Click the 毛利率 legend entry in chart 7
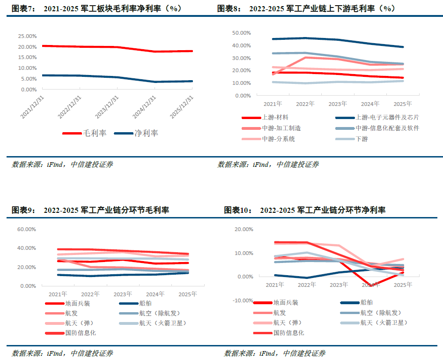point(84,133)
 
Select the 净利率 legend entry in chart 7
point(136,133)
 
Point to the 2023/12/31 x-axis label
point(107,107)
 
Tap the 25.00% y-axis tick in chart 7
point(28,36)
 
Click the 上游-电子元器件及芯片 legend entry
point(377,117)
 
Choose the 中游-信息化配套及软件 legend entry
point(377,128)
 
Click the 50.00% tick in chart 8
point(242,33)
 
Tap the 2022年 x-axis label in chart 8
point(305,104)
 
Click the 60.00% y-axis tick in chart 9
point(27,229)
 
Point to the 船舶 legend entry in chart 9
point(135,303)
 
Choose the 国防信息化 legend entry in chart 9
point(71,333)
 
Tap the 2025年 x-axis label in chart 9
point(188,294)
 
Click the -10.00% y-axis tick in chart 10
point(243,300)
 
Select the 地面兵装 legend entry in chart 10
point(276,303)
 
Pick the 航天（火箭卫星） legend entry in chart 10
point(374,322)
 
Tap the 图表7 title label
point(24,8)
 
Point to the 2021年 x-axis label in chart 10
point(275,285)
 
